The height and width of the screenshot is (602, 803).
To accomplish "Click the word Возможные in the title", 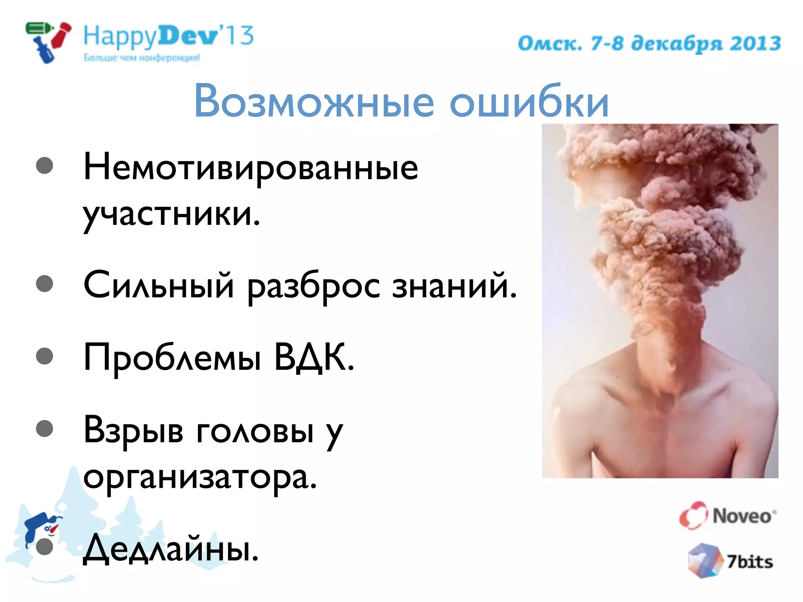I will tap(314, 101).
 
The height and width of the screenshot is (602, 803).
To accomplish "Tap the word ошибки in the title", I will tap(529, 101).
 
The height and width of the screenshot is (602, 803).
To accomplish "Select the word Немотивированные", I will tap(251, 168).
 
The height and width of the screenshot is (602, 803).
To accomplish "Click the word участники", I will tap(171, 215).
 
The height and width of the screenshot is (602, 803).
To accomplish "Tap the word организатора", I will tap(200, 477).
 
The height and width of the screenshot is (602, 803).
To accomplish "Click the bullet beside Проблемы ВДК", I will tap(44, 356).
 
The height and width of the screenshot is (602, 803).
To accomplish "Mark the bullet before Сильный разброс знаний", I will tap(44, 283).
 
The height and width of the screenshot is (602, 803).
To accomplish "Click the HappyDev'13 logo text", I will tap(169, 36).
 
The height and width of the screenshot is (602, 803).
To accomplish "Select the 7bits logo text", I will tap(750, 562).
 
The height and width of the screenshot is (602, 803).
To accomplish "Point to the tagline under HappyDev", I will tap(142, 58).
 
